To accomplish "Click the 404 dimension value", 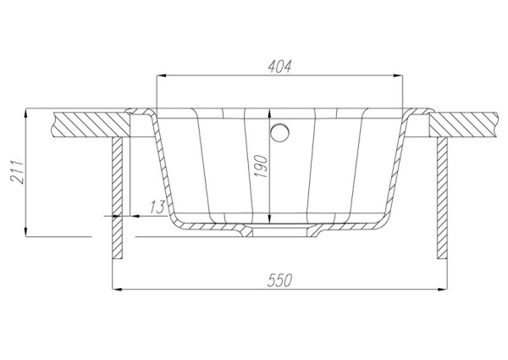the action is click(x=279, y=66).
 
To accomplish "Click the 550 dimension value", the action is click(x=279, y=280).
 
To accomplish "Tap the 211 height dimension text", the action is click(x=17, y=172).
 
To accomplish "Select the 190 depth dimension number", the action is click(x=261, y=167).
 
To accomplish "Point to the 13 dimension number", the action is click(x=157, y=207).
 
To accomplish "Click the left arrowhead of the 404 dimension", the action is click(x=161, y=76).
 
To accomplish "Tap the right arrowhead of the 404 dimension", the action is click(x=399, y=76).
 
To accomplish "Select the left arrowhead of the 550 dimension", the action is click(x=117, y=289).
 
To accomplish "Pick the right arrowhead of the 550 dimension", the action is click(x=443, y=289).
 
